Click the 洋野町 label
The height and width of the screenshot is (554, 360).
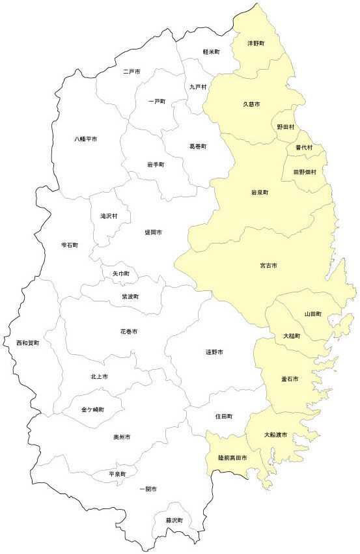256,44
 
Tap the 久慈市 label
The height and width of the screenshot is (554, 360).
251,104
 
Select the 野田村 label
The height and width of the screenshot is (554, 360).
285,127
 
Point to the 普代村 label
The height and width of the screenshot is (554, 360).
304,148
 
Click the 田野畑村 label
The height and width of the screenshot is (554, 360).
304,172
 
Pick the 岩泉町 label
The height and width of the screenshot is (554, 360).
260,193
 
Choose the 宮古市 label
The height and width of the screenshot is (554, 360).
268,266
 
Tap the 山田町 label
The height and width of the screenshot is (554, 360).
313,314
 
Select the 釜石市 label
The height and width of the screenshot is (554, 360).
289,378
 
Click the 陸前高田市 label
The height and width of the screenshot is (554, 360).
232,458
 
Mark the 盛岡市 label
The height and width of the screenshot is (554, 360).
154,232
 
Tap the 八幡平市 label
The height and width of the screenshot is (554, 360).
85,139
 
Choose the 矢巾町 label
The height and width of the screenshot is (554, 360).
120,274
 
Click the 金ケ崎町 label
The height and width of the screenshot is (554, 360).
92,409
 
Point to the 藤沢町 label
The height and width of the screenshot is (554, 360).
173,520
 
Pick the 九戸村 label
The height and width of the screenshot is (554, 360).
198,87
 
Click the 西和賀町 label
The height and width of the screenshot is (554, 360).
28,342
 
